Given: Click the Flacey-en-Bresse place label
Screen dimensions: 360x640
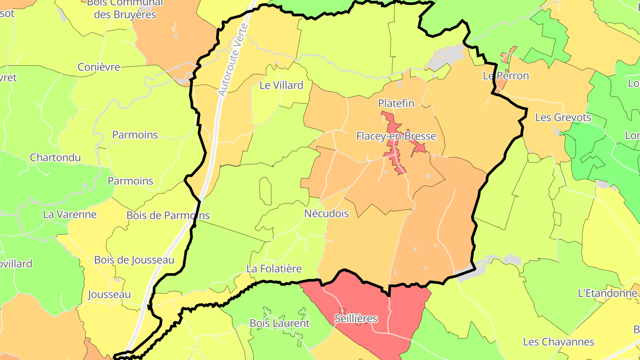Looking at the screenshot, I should tap(396, 136).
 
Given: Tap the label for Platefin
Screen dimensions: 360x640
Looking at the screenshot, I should tap(396, 104).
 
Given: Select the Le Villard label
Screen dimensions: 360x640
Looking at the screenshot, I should tap(281, 85).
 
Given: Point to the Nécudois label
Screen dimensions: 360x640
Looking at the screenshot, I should tap(326, 213).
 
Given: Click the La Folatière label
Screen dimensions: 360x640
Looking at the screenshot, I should tap(274, 269).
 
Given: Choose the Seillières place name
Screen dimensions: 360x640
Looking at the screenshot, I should tap(356, 319).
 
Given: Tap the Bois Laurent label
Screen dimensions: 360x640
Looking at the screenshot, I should tap(279, 323).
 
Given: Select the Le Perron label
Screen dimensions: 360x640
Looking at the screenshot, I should tap(506, 76).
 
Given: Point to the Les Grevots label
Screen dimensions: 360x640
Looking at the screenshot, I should tap(563, 117).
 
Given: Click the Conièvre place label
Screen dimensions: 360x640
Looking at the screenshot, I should tap(99, 67).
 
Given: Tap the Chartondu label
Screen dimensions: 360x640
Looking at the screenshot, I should tap(55, 158).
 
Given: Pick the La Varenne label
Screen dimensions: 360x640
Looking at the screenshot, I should tap(69, 214).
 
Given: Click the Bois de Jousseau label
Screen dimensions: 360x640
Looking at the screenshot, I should tap(134, 260).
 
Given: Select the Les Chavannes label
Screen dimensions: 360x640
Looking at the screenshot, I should tap(558, 342).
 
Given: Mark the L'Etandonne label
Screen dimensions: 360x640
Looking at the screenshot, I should tap(607, 293).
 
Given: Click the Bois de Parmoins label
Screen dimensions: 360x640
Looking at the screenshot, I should tap(168, 216).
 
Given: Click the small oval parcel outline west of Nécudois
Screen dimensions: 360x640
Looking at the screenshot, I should tap(265, 191).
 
